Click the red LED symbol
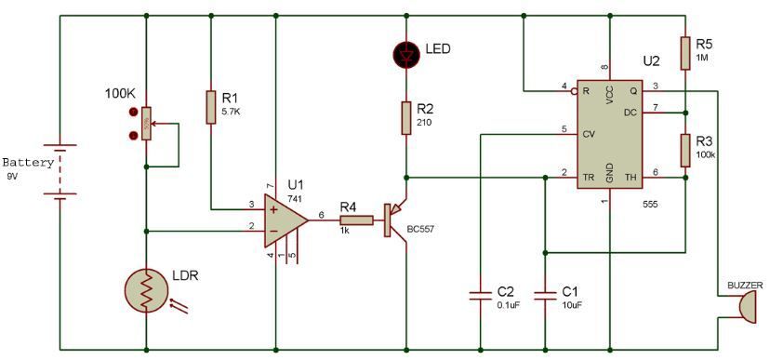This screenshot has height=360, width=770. point(405,55)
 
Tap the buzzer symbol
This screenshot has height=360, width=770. point(747,305)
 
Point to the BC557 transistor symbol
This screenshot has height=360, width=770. point(394,220)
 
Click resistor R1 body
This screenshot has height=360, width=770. point(210,107)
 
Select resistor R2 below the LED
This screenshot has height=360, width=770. point(405,118)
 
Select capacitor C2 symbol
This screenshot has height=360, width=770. point(480,295)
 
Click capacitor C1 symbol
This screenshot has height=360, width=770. point(545,295)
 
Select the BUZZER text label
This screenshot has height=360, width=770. point(744,286)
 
